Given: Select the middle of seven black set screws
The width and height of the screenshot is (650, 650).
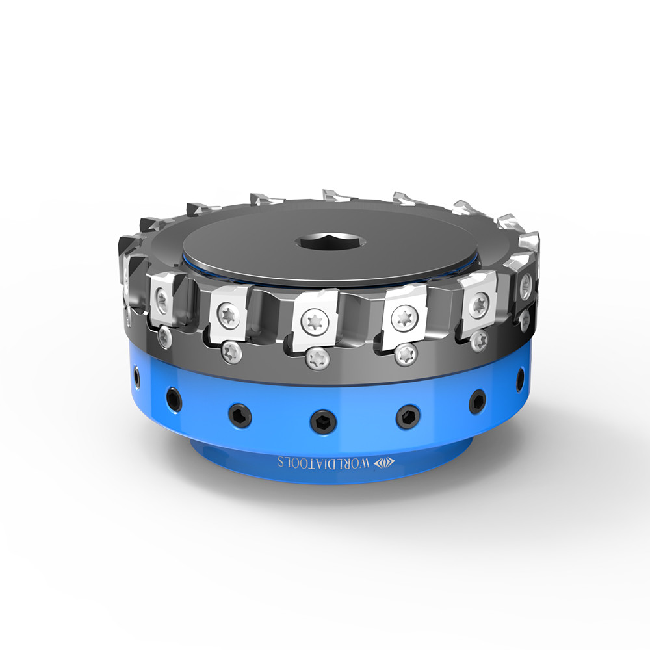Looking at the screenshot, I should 322,419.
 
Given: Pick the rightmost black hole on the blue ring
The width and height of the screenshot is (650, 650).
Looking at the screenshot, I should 521,378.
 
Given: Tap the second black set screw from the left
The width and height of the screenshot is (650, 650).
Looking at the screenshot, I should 174,398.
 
